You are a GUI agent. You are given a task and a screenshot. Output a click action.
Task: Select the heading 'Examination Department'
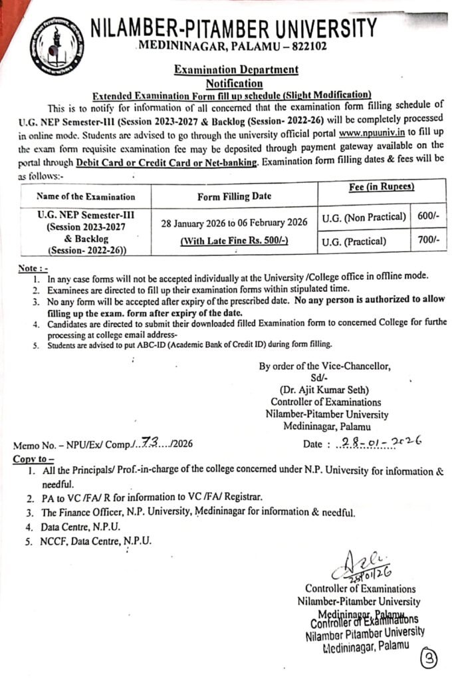coord(236,70)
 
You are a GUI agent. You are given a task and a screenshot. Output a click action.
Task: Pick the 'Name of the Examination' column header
coord(86,196)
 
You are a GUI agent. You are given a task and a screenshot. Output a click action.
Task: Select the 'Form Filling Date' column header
coord(234,196)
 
